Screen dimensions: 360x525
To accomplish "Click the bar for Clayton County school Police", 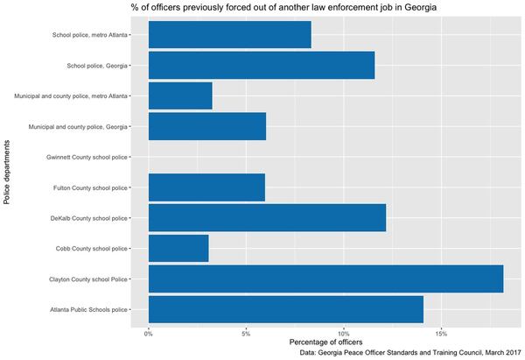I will point(325,279).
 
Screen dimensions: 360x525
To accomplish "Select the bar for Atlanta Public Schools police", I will point(286,309).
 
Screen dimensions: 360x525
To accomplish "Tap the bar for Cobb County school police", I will point(178,248).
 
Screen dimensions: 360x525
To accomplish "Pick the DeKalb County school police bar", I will point(267,217).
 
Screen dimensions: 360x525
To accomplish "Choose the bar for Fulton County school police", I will point(206,187).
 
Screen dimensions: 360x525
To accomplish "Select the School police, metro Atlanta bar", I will point(230,35).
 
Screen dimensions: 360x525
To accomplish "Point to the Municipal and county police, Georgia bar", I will point(207,126).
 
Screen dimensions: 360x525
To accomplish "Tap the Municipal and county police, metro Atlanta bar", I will point(180,95).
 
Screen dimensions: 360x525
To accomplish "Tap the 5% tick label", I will point(246,333).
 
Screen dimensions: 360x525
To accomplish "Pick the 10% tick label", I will point(344,333).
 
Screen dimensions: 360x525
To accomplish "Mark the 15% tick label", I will point(441,333).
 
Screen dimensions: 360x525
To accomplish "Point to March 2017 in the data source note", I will point(495,353).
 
